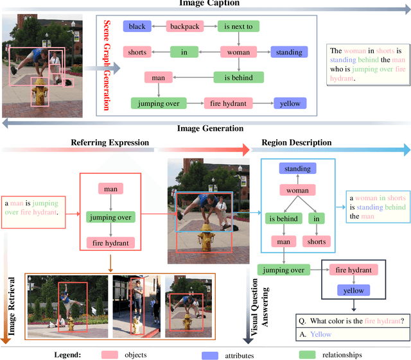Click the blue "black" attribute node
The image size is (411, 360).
(x=137, y=26)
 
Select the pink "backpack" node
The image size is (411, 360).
(x=185, y=26)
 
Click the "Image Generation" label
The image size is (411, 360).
(x=210, y=128)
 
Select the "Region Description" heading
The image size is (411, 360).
(x=297, y=142)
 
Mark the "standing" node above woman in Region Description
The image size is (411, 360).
(x=297, y=169)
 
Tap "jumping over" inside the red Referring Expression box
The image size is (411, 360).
(x=110, y=218)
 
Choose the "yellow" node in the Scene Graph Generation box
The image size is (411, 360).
(x=289, y=103)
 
